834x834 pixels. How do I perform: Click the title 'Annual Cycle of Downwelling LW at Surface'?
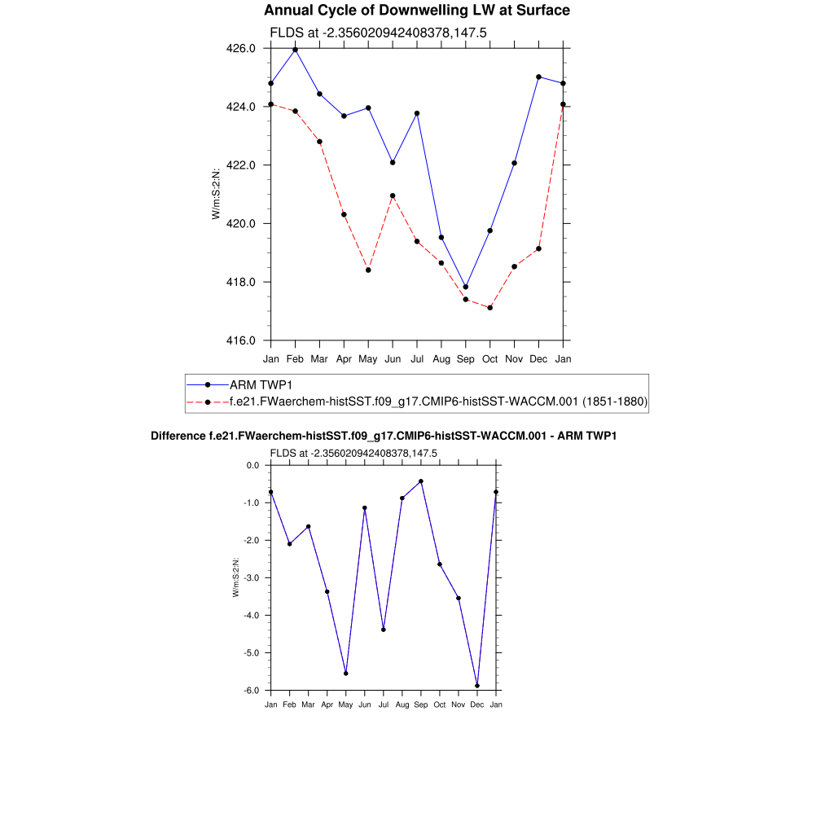coord(417,11)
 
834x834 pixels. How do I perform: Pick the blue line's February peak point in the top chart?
coord(295,50)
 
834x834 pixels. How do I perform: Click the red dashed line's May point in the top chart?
coord(368,270)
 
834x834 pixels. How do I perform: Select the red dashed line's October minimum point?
coord(490,308)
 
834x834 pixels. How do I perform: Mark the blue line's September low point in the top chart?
coord(466,287)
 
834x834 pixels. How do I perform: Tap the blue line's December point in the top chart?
coord(539,77)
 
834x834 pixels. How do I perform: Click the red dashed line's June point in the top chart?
coord(393,195)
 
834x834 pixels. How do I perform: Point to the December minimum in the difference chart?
coord(477,686)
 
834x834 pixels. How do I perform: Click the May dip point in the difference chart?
coord(346,674)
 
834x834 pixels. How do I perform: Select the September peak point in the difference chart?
coord(421,481)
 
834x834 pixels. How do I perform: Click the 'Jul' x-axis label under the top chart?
coord(417,358)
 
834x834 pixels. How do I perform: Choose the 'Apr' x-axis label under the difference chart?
coord(327,705)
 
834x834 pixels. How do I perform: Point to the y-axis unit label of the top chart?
coord(216,195)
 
